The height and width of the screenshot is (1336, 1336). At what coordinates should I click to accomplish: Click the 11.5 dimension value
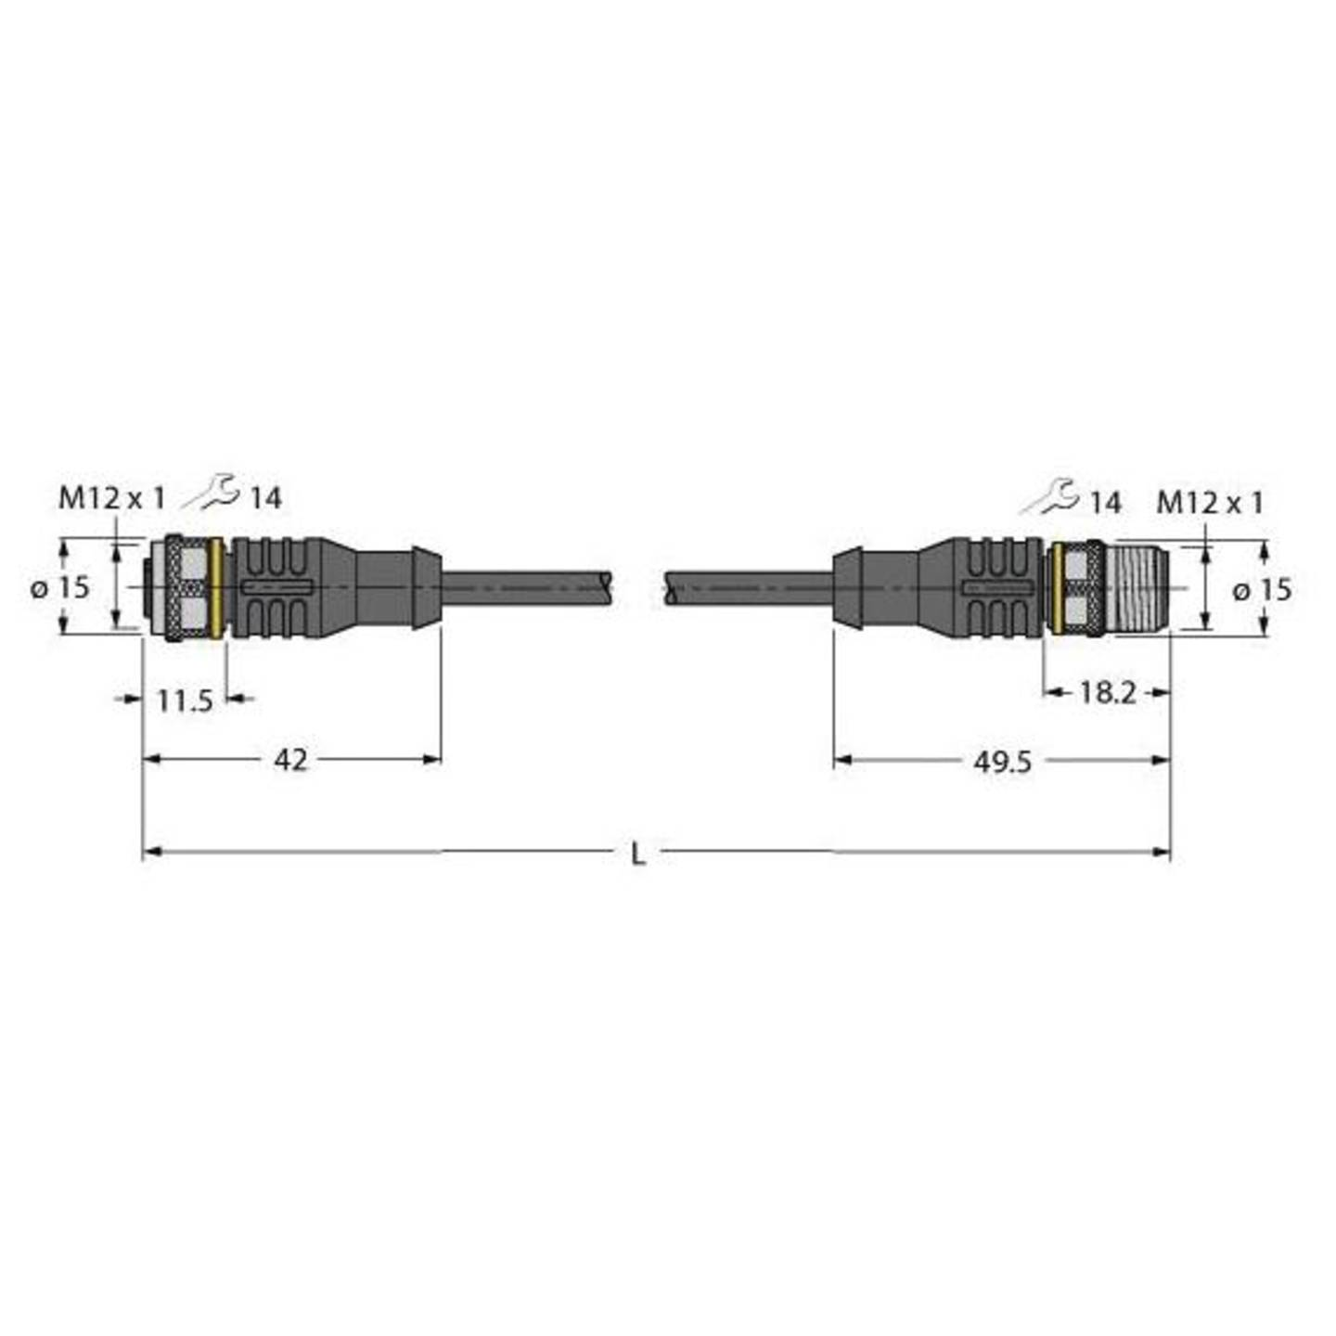(185, 700)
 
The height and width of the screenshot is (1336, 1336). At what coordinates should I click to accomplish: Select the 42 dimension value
(290, 760)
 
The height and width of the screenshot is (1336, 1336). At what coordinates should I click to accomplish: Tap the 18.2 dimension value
(1107, 692)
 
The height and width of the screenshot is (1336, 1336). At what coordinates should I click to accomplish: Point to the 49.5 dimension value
(1002, 762)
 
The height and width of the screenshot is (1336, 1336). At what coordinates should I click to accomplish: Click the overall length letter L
(637, 854)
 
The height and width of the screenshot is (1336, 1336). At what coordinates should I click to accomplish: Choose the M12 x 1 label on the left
(111, 498)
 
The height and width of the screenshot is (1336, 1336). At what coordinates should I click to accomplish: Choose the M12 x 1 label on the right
(1210, 503)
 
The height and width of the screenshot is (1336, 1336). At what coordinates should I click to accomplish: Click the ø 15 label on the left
(60, 586)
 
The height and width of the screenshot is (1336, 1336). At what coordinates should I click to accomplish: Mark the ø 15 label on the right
(1263, 589)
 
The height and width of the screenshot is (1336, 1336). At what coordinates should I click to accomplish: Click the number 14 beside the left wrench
(265, 498)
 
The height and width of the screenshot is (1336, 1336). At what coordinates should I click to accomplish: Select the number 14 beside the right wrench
(1104, 503)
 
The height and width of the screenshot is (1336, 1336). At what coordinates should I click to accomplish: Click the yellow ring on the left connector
(217, 588)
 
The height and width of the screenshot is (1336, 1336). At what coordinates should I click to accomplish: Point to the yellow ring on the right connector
(1057, 588)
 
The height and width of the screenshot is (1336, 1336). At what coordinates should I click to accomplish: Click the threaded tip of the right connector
(1138, 587)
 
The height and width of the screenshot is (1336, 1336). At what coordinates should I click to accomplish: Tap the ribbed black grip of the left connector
(274, 587)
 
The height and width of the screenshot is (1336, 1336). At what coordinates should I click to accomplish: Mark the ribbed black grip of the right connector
(997, 587)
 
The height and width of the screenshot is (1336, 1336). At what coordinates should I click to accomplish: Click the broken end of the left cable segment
(606, 587)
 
